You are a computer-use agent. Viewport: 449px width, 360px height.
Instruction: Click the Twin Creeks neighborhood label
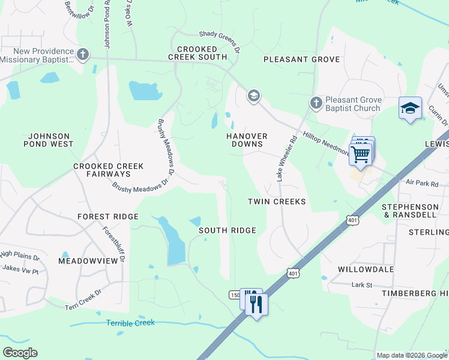(x=277, y=202)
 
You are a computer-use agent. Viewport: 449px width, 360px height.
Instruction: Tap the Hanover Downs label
(x=246, y=140)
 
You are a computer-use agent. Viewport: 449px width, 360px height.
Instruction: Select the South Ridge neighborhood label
(x=228, y=230)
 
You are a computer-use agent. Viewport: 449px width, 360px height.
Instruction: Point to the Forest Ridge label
(x=108, y=217)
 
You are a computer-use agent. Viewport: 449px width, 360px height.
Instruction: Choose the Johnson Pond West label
(x=48, y=140)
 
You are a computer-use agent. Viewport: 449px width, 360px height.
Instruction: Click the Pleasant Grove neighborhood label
(x=301, y=59)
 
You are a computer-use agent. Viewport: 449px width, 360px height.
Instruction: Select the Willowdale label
(x=366, y=269)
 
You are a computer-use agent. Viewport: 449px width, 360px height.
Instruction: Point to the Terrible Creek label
(x=130, y=323)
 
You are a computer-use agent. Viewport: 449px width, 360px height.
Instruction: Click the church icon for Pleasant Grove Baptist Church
(x=316, y=104)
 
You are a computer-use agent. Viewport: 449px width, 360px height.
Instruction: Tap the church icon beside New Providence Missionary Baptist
(x=83, y=55)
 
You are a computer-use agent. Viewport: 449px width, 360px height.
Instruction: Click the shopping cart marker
(x=361, y=154)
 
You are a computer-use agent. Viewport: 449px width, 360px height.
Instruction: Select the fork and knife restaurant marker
(x=256, y=304)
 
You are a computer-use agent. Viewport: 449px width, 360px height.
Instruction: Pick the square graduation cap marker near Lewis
(x=410, y=109)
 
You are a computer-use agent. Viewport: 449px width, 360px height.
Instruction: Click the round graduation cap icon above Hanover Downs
(x=253, y=95)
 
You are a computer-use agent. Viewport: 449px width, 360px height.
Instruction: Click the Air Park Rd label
(x=422, y=182)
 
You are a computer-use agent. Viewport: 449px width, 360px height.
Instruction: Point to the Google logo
(x=20, y=353)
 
